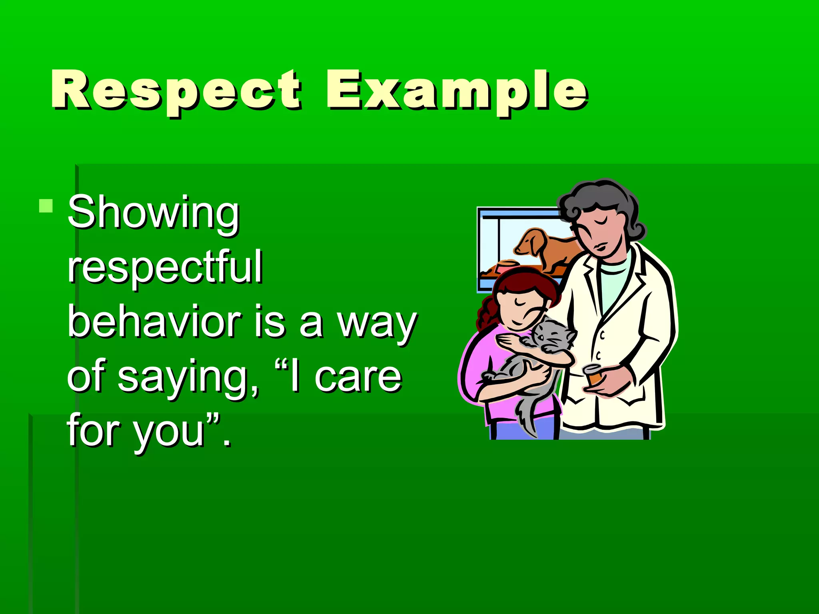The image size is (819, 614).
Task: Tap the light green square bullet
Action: point(46,206)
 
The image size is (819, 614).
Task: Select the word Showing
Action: point(153,213)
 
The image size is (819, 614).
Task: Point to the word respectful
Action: point(165,267)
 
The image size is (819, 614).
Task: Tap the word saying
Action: point(188,378)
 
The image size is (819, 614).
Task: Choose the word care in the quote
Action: point(358,377)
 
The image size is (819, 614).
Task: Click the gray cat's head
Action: point(552,336)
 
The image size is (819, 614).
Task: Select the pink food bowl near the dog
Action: point(507,264)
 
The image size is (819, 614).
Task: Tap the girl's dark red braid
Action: point(486,316)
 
